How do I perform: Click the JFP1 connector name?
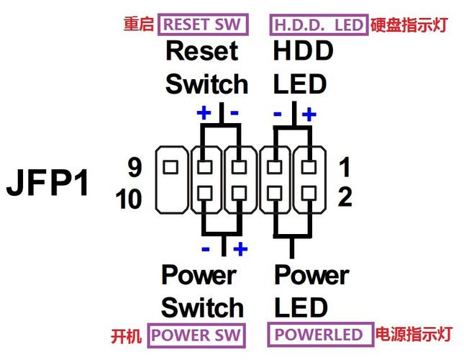[x=49, y=184]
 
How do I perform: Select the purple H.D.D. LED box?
[x=319, y=24]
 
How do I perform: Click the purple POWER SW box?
[x=196, y=336]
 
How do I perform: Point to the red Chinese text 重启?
[x=139, y=24]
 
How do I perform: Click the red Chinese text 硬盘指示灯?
[x=409, y=24]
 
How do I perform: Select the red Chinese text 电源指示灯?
[x=412, y=336]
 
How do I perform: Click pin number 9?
[x=135, y=168]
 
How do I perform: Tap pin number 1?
[x=345, y=168]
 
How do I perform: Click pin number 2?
[x=345, y=198]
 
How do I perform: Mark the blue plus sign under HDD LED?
[x=309, y=113]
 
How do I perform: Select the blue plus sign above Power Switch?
[x=240, y=249]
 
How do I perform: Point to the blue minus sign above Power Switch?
[x=206, y=249]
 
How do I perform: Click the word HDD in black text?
[x=303, y=51]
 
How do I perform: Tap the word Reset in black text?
[x=201, y=51]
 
